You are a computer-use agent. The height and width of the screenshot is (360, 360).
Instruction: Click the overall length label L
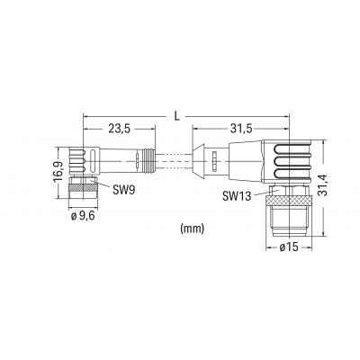177,116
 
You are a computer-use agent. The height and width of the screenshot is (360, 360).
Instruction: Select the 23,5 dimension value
119,129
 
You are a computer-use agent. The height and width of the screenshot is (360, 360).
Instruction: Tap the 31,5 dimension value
241,129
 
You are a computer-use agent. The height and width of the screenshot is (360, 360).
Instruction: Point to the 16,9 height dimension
58,172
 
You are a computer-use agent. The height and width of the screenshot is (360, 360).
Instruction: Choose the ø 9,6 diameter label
83,216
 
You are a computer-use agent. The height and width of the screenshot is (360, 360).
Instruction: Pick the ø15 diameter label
289,247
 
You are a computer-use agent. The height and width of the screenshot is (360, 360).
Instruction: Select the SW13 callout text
237,196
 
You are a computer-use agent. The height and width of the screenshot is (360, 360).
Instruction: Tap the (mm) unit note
193,229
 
